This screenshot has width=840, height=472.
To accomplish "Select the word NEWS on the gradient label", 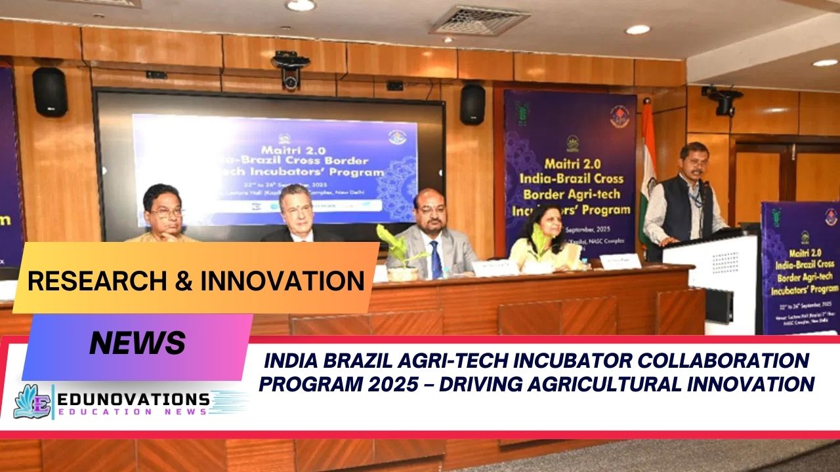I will click(x=137, y=343).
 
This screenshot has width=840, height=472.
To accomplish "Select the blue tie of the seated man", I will click(x=436, y=260).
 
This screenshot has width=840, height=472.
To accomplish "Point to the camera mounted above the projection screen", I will click(x=291, y=69).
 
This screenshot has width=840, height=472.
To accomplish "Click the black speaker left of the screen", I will click(x=49, y=92).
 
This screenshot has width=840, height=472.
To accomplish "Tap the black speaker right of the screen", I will click(x=472, y=104).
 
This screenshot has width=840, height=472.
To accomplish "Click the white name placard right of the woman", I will click(x=619, y=261).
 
